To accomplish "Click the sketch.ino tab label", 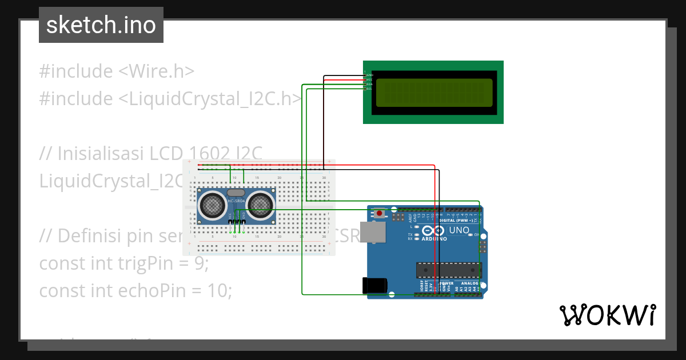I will point(101,25).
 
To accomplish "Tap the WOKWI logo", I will point(607,315).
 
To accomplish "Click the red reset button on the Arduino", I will point(380,214).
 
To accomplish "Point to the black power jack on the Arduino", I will point(374,286).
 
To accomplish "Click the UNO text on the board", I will point(458,230).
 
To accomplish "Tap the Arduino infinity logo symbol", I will point(434,231).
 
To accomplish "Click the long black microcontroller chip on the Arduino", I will point(448,270).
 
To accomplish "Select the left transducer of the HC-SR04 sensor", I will point(212,204).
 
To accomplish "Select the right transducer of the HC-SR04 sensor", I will point(260,204).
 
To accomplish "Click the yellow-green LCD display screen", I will point(434,93).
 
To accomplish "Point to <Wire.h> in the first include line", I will point(156,71).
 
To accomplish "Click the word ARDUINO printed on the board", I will point(434,239).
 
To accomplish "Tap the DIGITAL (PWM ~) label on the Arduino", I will point(460,220).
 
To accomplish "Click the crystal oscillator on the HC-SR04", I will point(236,193).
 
